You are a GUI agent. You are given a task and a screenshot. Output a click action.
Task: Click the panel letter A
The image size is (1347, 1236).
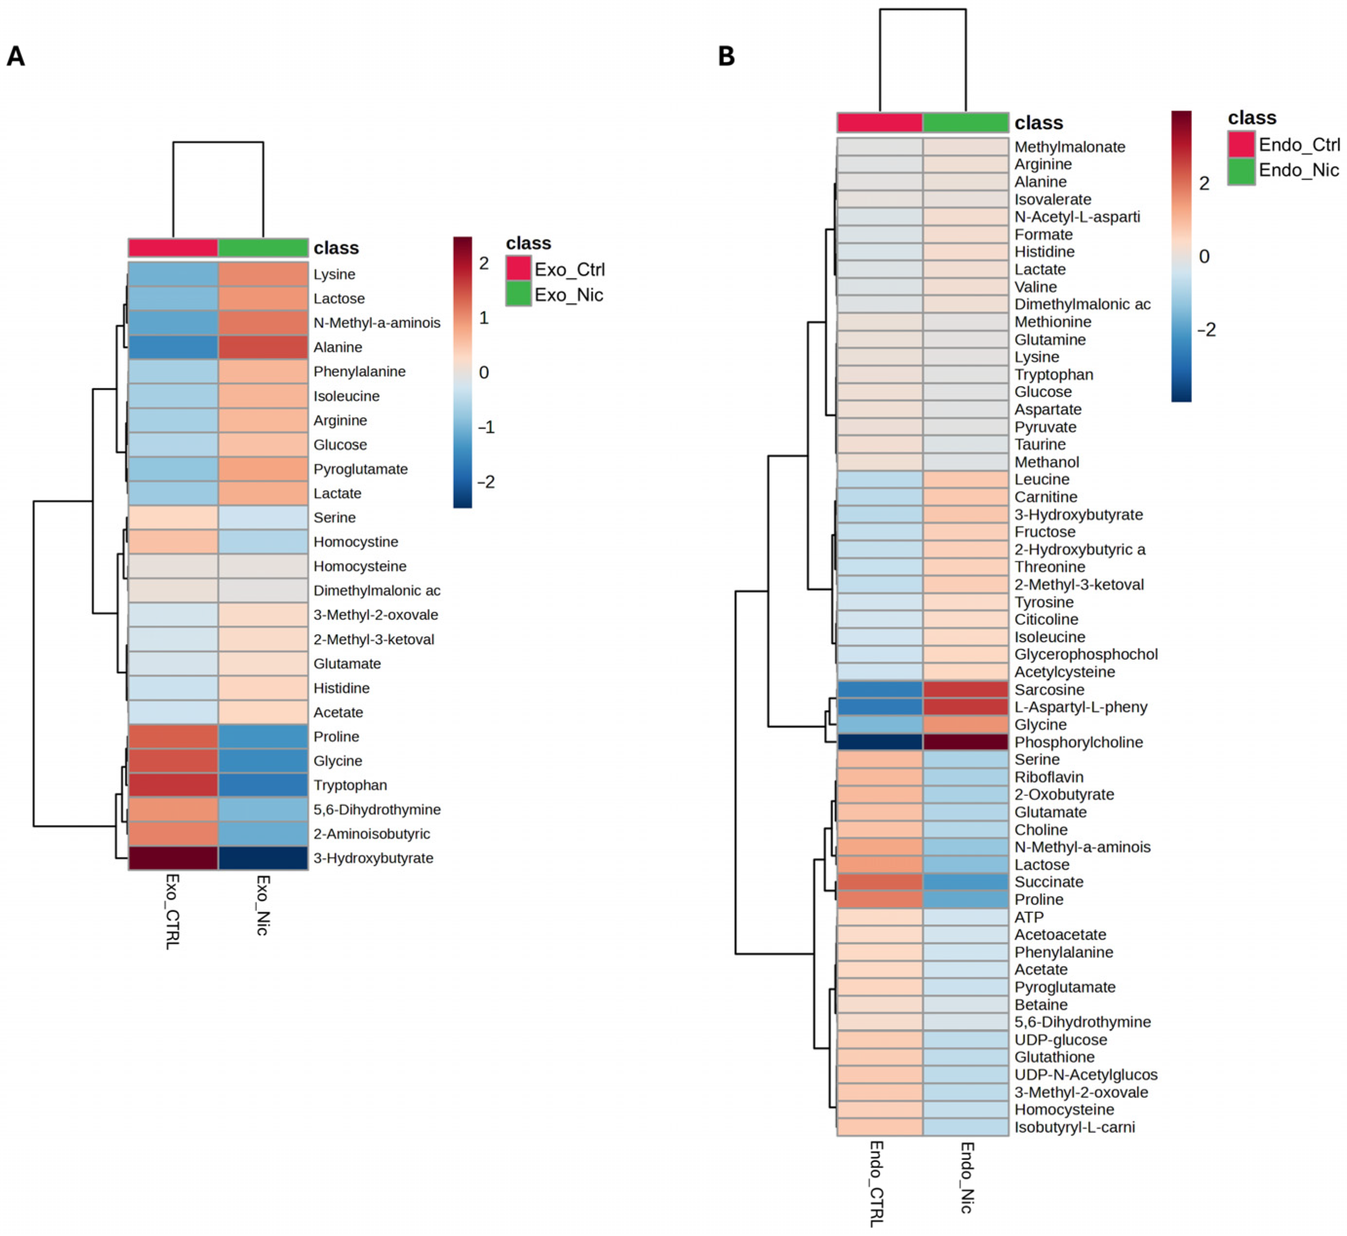pos(16,56)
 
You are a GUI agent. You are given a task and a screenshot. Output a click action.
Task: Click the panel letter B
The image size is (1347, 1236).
pos(726,56)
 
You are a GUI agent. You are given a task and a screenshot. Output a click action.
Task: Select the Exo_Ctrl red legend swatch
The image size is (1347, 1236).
pos(518,269)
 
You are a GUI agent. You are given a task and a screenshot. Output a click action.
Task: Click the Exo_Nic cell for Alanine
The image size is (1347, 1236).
pos(263,347)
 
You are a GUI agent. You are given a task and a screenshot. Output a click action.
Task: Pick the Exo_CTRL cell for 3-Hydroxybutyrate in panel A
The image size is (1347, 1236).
pos(173,858)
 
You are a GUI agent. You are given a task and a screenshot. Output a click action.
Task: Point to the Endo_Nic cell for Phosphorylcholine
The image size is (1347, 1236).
pos(965,742)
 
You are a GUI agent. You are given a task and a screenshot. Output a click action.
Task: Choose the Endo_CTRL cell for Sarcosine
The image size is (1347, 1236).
pos(879,689)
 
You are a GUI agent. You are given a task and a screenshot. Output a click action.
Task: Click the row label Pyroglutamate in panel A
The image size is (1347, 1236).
pos(360,469)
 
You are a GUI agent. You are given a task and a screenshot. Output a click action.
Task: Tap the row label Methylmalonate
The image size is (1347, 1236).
pos(1070,146)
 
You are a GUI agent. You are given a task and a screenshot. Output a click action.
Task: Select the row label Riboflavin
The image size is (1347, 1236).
pos(1049,777)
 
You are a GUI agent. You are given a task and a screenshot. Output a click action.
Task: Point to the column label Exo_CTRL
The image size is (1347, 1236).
pos(173,911)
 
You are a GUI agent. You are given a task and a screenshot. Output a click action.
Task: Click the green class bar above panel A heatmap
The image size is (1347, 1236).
pos(263,248)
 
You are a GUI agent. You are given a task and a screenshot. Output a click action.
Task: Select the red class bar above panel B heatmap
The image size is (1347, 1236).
pos(879,122)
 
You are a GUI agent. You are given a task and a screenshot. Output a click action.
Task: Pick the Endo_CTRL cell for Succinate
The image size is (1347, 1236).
pos(879,882)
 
